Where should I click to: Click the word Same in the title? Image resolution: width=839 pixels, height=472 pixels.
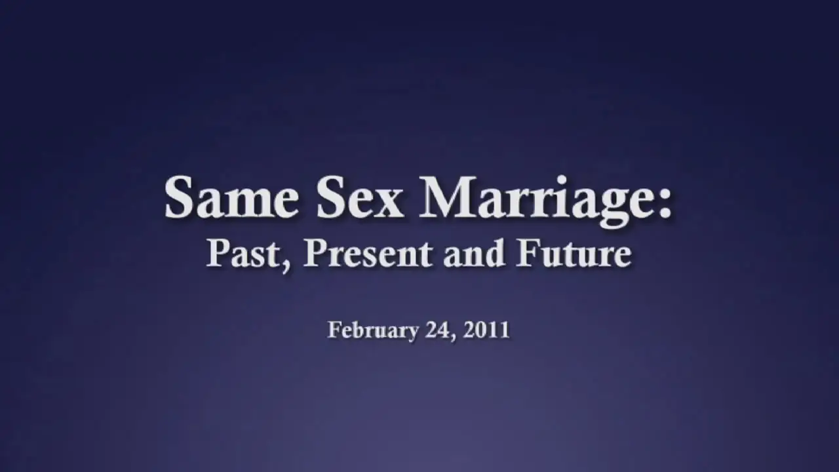[231, 197]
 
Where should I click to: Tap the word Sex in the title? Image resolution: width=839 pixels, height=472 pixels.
[360, 197]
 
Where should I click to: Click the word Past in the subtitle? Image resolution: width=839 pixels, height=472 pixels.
[241, 254]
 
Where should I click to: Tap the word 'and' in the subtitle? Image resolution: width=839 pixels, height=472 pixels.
[473, 254]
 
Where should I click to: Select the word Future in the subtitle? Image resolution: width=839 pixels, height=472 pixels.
[573, 254]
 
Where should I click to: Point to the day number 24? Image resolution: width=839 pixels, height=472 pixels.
[437, 330]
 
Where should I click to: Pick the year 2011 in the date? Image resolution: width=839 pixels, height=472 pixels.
[486, 330]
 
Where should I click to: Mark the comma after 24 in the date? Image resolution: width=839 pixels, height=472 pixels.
[452, 337]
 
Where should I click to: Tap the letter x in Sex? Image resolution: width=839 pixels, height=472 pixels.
[387, 204]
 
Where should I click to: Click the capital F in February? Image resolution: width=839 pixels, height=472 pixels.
[336, 330]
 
